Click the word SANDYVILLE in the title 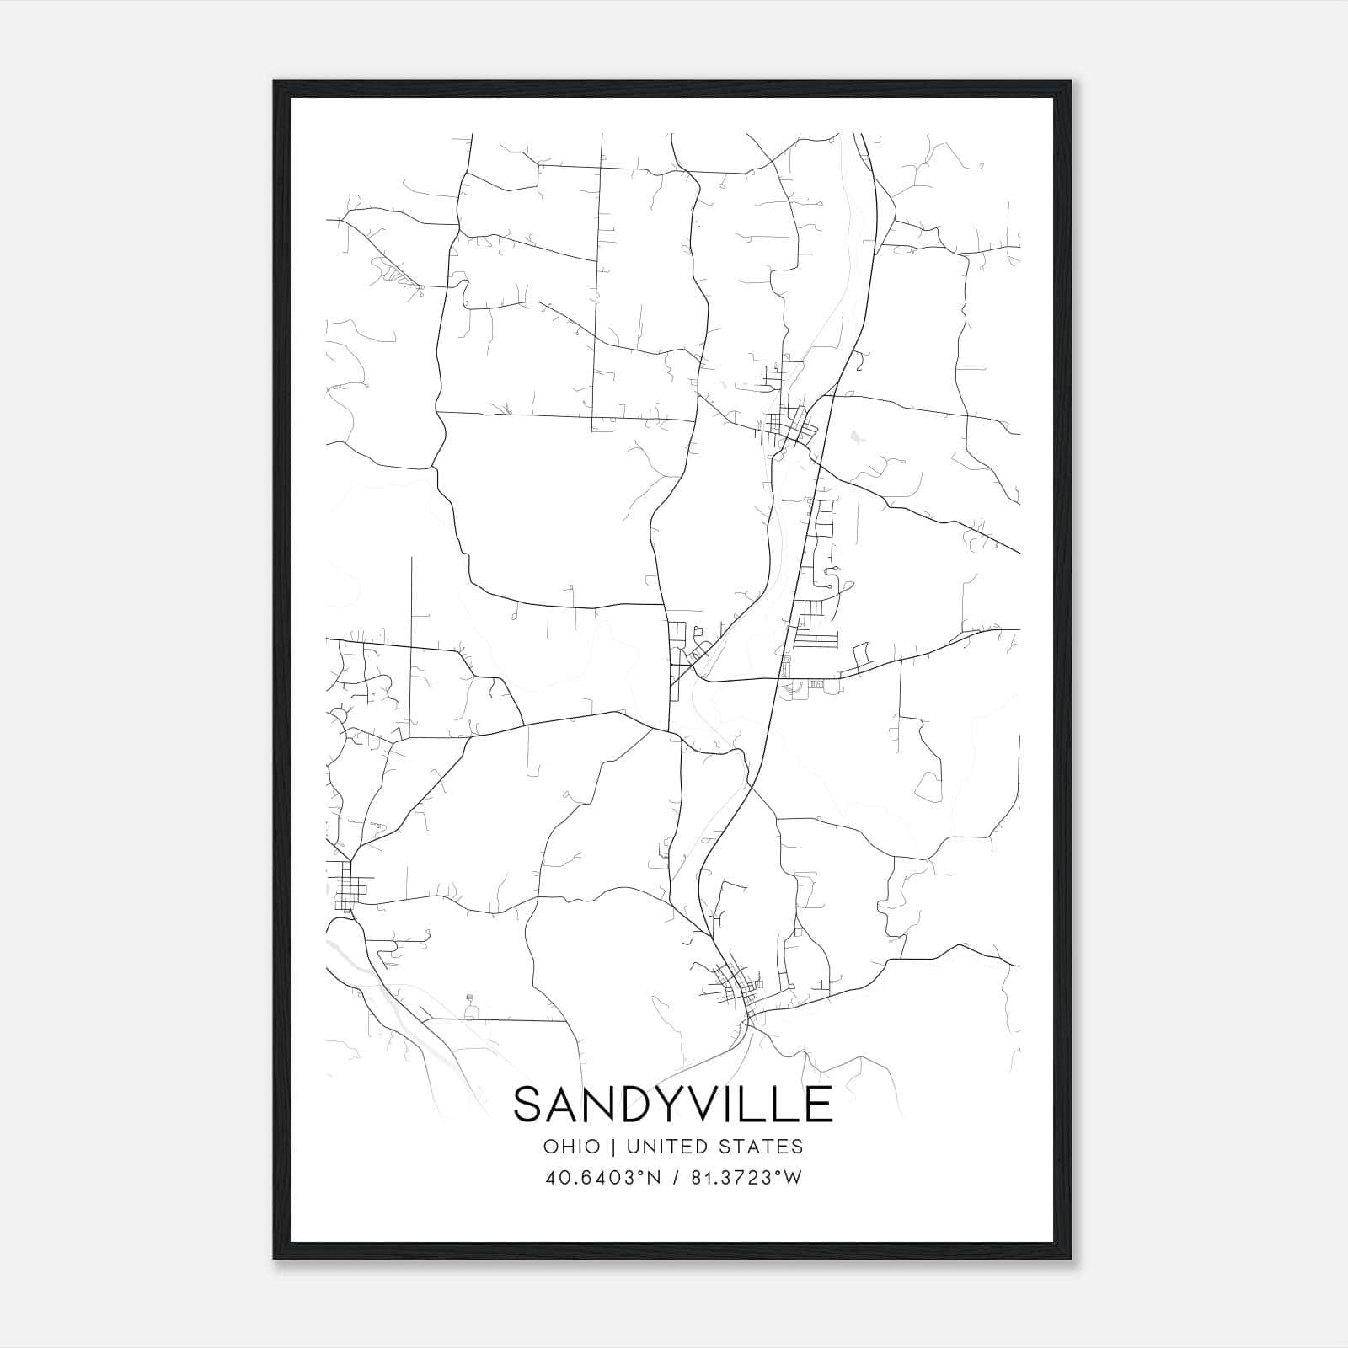(673, 1105)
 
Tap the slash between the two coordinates (673, 1178)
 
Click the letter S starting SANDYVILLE (530, 1105)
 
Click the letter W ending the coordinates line (791, 1178)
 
